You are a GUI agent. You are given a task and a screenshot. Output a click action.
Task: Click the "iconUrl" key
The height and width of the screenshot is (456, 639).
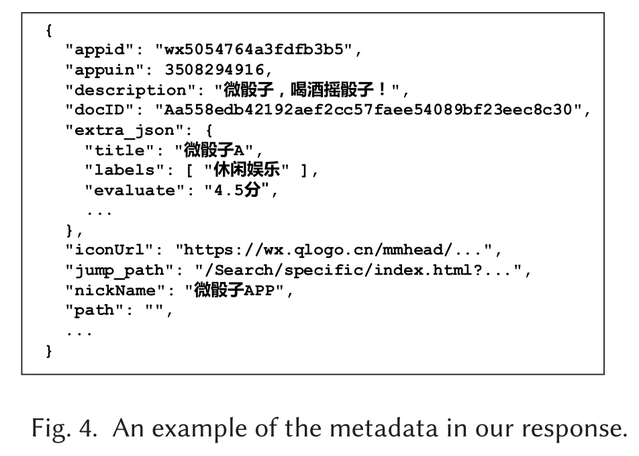(x=110, y=251)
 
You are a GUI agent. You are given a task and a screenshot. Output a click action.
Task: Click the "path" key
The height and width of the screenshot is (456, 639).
(x=95, y=312)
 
